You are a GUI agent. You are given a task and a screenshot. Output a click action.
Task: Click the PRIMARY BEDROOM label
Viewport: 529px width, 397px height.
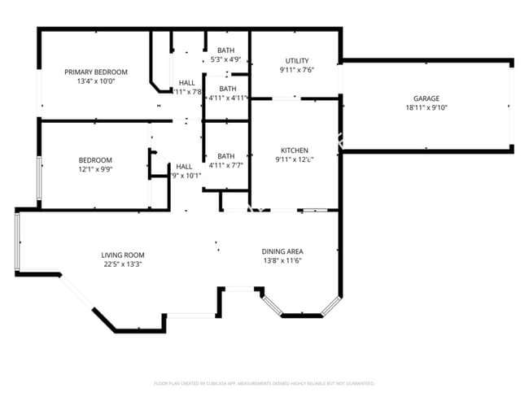click(96, 72)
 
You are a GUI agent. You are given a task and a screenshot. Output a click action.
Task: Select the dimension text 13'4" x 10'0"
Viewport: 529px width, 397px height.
click(96, 81)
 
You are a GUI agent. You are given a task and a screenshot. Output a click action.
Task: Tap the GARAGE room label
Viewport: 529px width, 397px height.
click(426, 98)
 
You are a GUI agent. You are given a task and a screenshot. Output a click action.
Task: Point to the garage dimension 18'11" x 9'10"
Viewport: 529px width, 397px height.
click(426, 107)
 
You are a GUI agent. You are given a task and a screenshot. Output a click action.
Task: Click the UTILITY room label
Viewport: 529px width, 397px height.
click(296, 61)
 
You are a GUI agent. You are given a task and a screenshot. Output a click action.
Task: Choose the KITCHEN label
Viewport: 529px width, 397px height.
click(294, 151)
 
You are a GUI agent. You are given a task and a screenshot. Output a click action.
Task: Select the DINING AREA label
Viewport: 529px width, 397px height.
click(282, 251)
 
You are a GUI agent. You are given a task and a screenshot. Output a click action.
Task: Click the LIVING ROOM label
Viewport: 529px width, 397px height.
click(123, 255)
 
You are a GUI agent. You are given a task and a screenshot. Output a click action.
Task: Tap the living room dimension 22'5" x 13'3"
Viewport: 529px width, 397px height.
click(123, 264)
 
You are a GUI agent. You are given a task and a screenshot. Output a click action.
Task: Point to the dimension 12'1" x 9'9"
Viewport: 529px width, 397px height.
click(95, 169)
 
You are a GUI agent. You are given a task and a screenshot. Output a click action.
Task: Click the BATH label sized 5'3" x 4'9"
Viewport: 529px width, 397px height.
click(225, 50)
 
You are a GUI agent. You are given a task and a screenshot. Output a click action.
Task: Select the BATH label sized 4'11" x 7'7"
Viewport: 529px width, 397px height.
click(225, 155)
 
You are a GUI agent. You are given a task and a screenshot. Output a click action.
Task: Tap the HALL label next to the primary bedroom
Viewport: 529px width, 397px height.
click(187, 82)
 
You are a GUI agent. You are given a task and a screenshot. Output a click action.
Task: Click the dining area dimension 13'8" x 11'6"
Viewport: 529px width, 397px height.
click(282, 261)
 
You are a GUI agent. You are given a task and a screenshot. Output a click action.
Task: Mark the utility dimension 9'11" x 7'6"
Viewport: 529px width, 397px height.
click(296, 70)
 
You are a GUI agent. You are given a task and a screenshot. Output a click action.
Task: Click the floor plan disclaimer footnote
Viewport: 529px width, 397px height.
click(264, 382)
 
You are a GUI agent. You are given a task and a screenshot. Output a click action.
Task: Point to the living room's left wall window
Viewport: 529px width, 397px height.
click(17, 242)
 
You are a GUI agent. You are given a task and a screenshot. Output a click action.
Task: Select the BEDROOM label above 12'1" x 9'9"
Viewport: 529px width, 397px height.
click(95, 160)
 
